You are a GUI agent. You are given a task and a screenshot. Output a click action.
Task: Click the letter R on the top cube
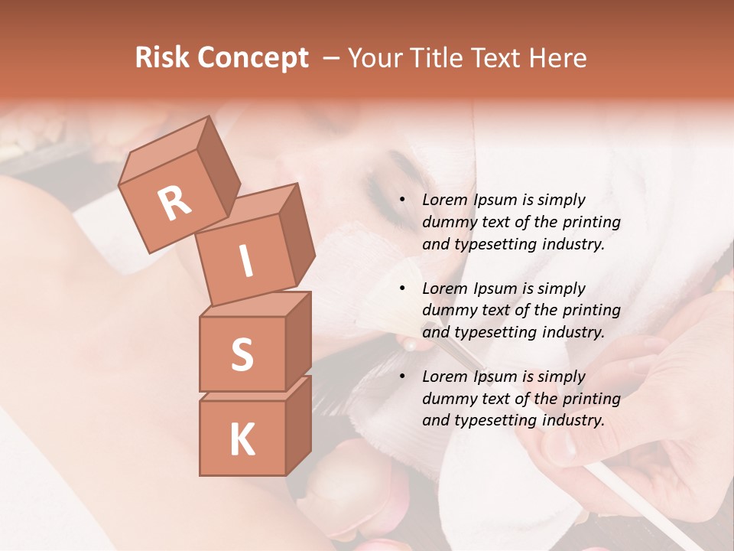pos(174,203)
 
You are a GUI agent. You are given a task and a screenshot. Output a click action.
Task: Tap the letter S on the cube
pos(242,354)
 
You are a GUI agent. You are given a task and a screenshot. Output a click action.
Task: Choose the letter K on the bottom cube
pos(242,439)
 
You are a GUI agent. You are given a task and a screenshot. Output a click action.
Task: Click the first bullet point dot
pos(403,201)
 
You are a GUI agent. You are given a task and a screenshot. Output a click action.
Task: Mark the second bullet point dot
pos(403,289)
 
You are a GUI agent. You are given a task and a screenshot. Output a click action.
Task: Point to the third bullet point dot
pos(403,377)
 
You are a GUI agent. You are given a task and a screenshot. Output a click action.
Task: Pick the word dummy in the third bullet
pos(447,399)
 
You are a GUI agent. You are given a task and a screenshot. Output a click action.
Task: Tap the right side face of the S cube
pos(298,341)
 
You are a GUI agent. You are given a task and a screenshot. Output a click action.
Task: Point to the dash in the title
pos(332,59)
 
